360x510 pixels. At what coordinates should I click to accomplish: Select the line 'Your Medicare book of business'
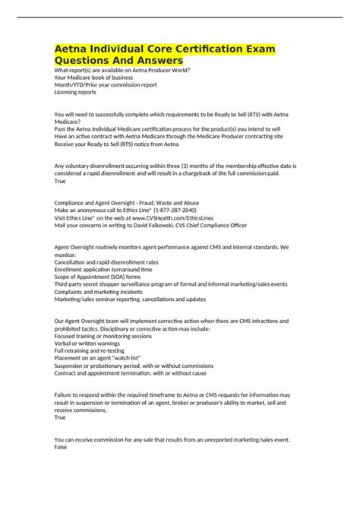tap(93, 78)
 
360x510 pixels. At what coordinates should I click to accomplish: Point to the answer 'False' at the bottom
tap(62, 446)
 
